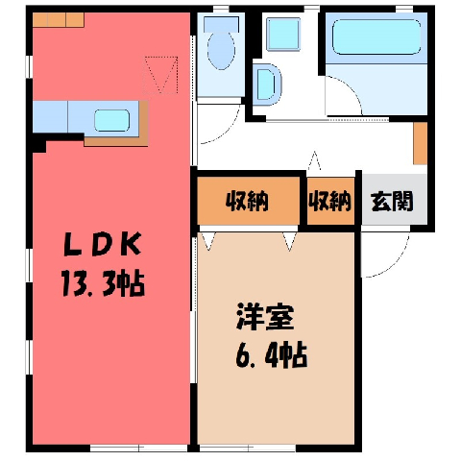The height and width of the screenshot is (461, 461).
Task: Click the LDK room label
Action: pyautogui.click(x=103, y=244)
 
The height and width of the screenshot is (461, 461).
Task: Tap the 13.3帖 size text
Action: pyautogui.click(x=103, y=283)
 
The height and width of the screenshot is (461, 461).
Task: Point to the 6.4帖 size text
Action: pyautogui.click(x=272, y=355)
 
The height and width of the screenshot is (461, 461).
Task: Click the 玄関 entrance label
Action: pyautogui.click(x=392, y=201)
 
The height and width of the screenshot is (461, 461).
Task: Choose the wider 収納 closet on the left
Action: pyautogui.click(x=247, y=201)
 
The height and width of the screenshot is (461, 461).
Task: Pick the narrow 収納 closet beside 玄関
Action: pyautogui.click(x=329, y=201)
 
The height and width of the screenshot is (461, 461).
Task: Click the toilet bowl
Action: pyautogui.click(x=221, y=51)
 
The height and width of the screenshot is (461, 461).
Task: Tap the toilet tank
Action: pyautogui.click(x=221, y=25)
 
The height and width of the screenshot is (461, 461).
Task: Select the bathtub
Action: pyautogui.click(x=376, y=37)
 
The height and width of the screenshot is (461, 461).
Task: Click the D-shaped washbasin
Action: pyautogui.click(x=266, y=85)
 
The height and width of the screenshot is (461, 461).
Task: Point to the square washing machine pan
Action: pyautogui.click(x=283, y=34)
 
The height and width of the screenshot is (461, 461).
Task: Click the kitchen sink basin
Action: pyautogui.click(x=111, y=120)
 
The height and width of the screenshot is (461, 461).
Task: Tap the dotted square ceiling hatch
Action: pyautogui.click(x=160, y=75)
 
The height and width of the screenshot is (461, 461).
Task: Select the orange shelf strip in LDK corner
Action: pyautogui.click(x=59, y=20)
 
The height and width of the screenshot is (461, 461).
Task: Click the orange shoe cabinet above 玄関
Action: pyautogui.click(x=420, y=143)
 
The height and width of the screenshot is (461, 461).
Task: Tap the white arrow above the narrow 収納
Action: pyautogui.click(x=314, y=160)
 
